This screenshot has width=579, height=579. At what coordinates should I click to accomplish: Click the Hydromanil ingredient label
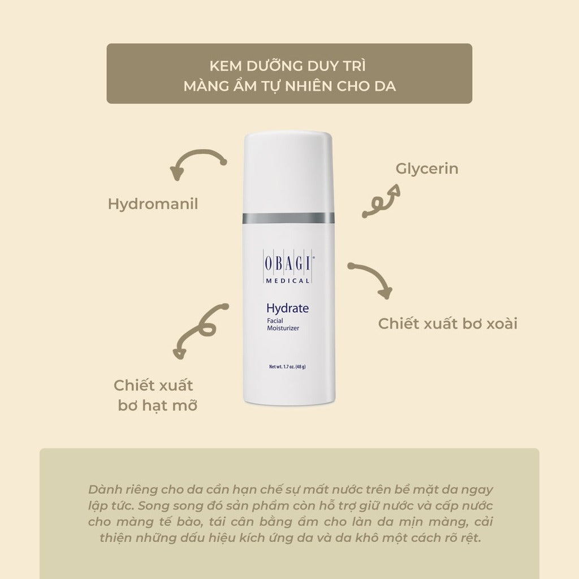pyautogui.click(x=153, y=204)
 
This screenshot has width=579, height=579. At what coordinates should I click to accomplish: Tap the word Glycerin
pyautogui.click(x=426, y=168)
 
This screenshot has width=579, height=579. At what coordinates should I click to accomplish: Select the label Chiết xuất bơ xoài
pyautogui.click(x=448, y=324)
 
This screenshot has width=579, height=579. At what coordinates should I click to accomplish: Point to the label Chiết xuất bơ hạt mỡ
pyautogui.click(x=154, y=395)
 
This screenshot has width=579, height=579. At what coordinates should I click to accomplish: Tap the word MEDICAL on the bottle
pyautogui.click(x=287, y=280)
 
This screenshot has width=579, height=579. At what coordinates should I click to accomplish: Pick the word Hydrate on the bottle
pyautogui.click(x=287, y=309)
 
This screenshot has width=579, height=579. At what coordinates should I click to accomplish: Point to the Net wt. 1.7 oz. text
pyautogui.click(x=287, y=366)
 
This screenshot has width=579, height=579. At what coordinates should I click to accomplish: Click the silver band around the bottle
pyautogui.click(x=288, y=218)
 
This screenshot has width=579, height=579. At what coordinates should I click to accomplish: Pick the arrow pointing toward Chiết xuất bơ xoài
pyautogui.click(x=370, y=279)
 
